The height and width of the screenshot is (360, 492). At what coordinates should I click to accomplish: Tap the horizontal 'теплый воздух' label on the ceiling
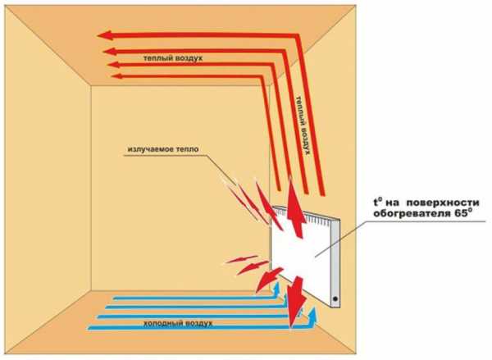point(171,59)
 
